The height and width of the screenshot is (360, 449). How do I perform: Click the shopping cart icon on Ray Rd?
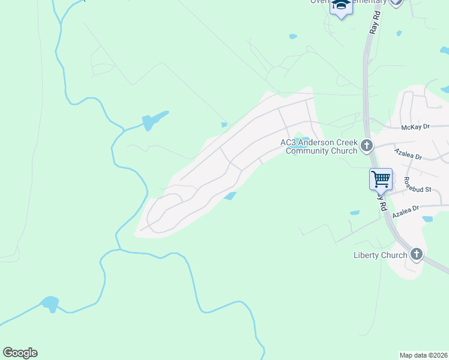(x=381, y=179)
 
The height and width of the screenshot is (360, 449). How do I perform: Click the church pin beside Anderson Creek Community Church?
(x=366, y=145)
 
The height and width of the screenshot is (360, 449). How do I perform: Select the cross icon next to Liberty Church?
(x=417, y=254)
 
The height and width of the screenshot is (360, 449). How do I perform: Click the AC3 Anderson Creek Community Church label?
(x=318, y=146)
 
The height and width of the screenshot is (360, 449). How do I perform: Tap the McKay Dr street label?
(x=415, y=127)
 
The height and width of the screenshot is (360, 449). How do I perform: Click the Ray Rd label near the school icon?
(x=374, y=24)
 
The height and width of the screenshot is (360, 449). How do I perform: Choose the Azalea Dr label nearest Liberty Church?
(x=405, y=214)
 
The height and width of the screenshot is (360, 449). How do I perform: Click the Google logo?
(x=20, y=353)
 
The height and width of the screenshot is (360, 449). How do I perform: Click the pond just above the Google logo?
(x=50, y=304)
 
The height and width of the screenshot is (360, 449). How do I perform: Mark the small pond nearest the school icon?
(x=293, y=37)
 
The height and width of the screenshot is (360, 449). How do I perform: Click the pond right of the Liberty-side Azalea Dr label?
(x=427, y=219)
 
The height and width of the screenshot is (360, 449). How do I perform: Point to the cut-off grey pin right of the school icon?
(x=395, y=2)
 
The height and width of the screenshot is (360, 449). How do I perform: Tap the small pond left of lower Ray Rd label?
(x=354, y=212)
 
